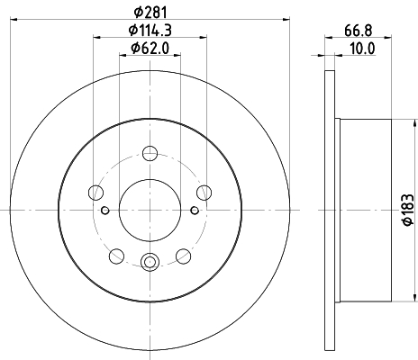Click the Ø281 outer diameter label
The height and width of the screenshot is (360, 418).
point(150,12)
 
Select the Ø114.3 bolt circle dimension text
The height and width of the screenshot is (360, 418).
point(150,30)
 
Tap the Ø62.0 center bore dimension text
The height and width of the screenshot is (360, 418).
point(150,48)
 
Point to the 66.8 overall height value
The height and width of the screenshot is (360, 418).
point(359,30)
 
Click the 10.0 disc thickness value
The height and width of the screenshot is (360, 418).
point(363,49)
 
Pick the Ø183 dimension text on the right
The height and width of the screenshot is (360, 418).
point(409,210)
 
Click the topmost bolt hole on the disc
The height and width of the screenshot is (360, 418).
point(150,153)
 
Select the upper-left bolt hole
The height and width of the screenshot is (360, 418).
point(96,193)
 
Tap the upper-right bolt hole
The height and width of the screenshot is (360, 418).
point(204,193)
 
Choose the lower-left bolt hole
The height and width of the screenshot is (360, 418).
point(117,256)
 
